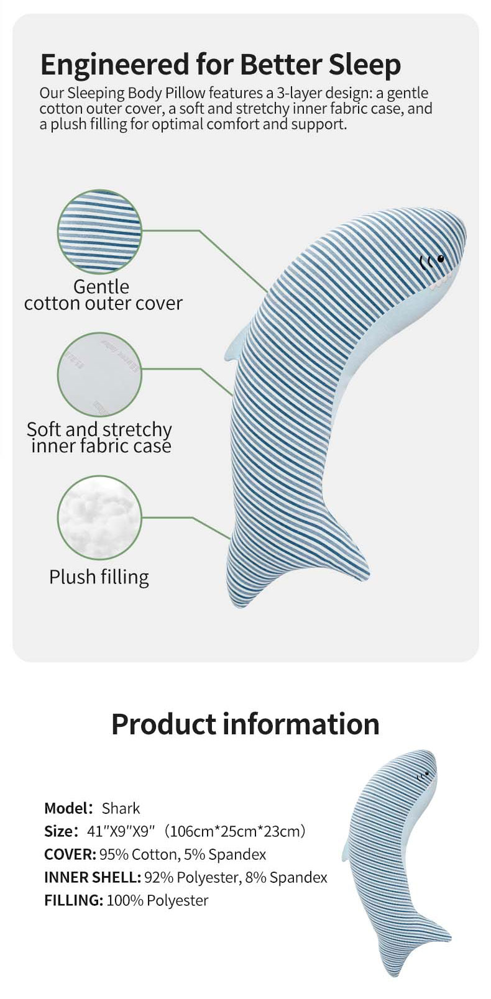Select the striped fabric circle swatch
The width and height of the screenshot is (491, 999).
99,232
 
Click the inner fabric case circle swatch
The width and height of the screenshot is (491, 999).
99,375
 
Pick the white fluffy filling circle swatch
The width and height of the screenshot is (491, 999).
99,518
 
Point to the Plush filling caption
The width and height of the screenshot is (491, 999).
99,577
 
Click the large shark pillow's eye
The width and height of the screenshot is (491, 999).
441,258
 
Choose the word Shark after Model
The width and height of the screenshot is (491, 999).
121,808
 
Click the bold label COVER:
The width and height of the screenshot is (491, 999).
70,854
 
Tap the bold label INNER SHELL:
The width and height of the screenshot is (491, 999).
93,878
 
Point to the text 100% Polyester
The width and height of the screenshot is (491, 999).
158,900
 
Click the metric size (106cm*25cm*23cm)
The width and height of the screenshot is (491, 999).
235,831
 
